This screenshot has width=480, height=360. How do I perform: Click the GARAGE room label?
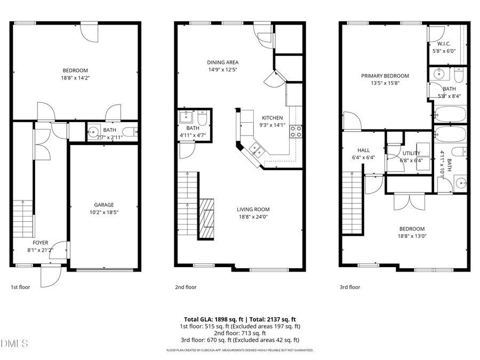click(104, 205)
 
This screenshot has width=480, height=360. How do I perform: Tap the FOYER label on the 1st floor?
click(41, 242)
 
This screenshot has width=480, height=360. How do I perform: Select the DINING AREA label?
click(222, 62)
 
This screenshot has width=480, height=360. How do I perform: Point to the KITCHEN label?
click(272, 118)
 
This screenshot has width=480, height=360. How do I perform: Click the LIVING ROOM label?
click(253, 209)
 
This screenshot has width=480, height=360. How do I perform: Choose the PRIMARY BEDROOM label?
click(385, 76)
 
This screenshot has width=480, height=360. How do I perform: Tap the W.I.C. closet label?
click(444, 44)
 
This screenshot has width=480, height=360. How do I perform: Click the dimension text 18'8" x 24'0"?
click(253, 217)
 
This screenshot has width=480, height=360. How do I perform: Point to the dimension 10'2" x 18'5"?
click(104, 212)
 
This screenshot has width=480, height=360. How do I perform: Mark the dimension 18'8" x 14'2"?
click(75, 77)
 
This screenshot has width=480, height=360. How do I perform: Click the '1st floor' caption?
click(21, 287)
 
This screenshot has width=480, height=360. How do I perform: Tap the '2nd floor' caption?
click(186, 287)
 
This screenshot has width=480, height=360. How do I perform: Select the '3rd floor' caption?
click(350, 287)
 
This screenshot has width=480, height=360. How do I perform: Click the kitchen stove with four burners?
click(295, 131)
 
